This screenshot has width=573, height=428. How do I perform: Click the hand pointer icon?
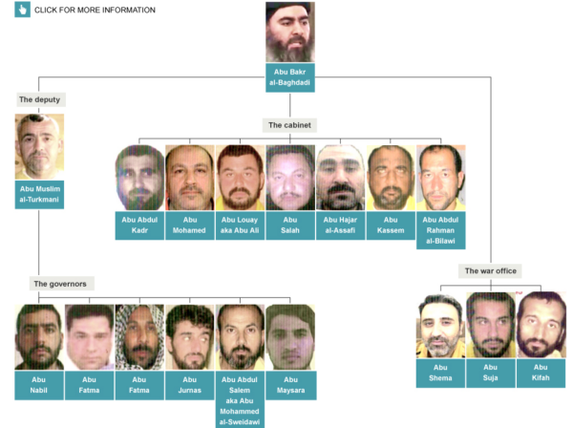[22, 10]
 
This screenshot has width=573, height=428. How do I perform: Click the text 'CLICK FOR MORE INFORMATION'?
[95, 11]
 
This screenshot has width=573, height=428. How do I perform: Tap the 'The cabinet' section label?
[289, 125]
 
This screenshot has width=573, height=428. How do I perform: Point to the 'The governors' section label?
[62, 284]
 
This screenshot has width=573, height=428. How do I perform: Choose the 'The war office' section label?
[491, 270]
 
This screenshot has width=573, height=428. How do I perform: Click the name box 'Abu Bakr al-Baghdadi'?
[289, 77]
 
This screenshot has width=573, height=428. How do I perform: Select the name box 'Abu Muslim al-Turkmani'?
[39, 195]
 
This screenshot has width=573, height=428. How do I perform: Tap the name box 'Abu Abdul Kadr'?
[139, 225]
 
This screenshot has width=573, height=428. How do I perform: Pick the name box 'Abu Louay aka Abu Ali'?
[240, 225]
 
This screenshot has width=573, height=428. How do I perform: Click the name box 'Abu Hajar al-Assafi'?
[340, 225]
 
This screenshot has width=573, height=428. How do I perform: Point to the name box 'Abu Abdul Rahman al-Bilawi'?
[440, 230]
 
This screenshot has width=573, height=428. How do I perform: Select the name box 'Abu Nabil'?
[39, 385]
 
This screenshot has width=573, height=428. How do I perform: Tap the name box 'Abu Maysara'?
[291, 385]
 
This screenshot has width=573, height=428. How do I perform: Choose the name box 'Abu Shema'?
[440, 374]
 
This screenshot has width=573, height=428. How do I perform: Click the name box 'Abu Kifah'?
[541, 374]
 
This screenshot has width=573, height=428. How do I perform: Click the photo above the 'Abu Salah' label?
[290, 178]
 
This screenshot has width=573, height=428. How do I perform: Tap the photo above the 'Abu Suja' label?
[491, 325]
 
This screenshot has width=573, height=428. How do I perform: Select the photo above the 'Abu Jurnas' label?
[190, 337]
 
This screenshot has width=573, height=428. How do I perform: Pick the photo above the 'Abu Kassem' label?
[391, 178]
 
